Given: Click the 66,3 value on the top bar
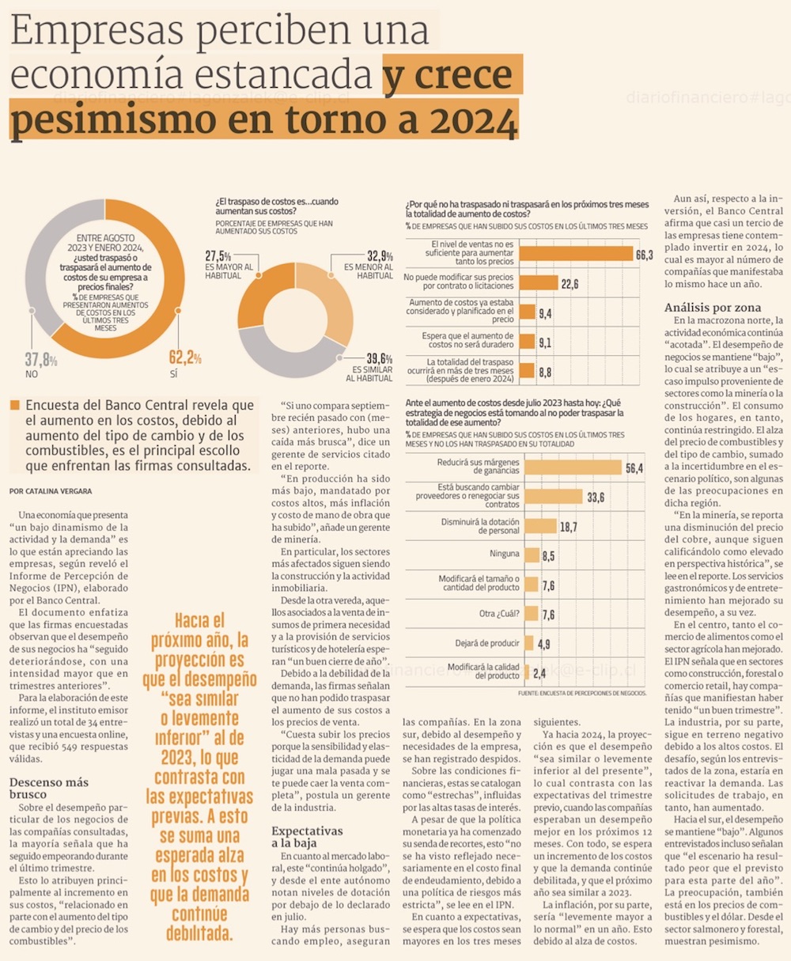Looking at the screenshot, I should pyautogui.click(x=644, y=255).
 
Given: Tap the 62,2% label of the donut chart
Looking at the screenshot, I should pyautogui.click(x=185, y=358).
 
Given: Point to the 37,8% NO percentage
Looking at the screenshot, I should pyautogui.click(x=41, y=361).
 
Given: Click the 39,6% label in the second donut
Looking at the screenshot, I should pyautogui.click(x=379, y=358).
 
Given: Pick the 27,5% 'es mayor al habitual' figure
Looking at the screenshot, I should pyautogui.click(x=218, y=256).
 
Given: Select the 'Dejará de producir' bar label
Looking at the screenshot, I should pyautogui.click(x=487, y=643).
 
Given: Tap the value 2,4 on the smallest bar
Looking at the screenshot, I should pyautogui.click(x=539, y=673).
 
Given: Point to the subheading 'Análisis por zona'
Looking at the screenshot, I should pyautogui.click(x=713, y=308).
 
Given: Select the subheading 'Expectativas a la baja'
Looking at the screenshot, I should pyautogui.click(x=307, y=837).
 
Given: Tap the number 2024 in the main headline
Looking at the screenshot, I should pyautogui.click(x=464, y=122).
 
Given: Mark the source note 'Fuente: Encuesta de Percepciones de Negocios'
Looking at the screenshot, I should pyautogui.click(x=582, y=693).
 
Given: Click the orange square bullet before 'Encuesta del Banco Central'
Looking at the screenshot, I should pyautogui.click(x=14, y=406).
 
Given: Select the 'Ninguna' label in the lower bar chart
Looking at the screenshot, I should pyautogui.click(x=504, y=554).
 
